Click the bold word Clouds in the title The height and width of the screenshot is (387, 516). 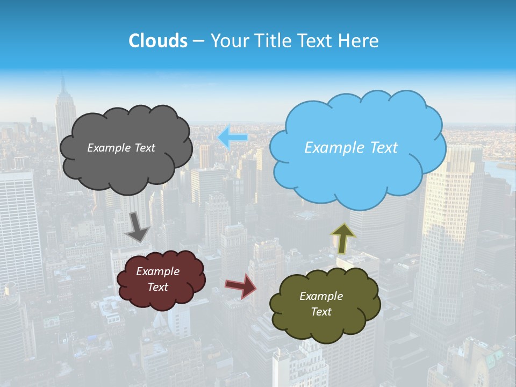pyautogui.click(x=157, y=41)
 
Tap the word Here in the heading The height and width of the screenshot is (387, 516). pyautogui.click(x=359, y=41)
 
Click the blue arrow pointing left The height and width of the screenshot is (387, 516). pyautogui.click(x=233, y=138)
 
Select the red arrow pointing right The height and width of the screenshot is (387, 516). pyautogui.click(x=241, y=286)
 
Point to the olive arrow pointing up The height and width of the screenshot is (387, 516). pyautogui.click(x=343, y=238)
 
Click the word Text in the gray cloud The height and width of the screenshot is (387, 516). pyautogui.click(x=145, y=148)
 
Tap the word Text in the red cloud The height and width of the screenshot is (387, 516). pyautogui.click(x=158, y=287)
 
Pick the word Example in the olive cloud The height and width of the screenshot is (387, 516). pyautogui.click(x=321, y=296)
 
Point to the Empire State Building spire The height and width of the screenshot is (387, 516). pyautogui.click(x=63, y=86)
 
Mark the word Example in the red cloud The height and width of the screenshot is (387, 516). pyautogui.click(x=158, y=272)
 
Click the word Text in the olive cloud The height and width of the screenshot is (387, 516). pyautogui.click(x=321, y=312)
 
